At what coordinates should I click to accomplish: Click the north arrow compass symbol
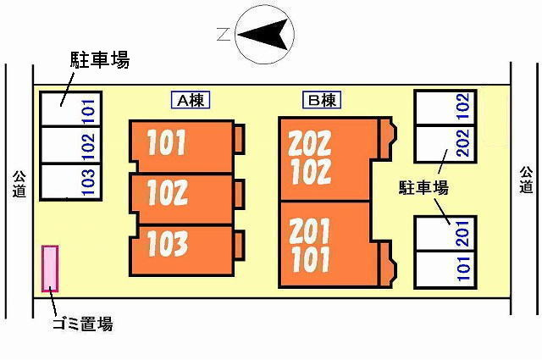pyautogui.click(x=264, y=34)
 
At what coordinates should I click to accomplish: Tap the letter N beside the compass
pyautogui.click(x=224, y=34)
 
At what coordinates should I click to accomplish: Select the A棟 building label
pyautogui.click(x=191, y=100)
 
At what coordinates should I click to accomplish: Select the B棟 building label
pyautogui.click(x=322, y=100)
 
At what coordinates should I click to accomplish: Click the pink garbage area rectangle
pyautogui.click(x=50, y=269)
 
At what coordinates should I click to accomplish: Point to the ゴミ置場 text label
pyautogui.click(x=83, y=324)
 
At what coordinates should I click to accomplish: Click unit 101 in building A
pyautogui.click(x=182, y=146)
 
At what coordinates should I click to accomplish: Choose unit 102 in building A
pyautogui.click(x=182, y=199)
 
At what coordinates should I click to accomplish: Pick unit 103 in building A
pyautogui.click(x=182, y=251)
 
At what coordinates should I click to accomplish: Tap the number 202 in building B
pyautogui.click(x=310, y=143)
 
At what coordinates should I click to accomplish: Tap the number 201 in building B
pyautogui.click(x=309, y=231)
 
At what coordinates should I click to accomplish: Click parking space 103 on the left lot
pyautogui.click(x=70, y=182)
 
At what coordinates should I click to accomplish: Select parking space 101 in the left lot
pyautogui.click(x=70, y=108)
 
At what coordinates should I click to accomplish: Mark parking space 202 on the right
pyautogui.click(x=445, y=143)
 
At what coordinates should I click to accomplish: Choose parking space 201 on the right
pyautogui.click(x=445, y=234)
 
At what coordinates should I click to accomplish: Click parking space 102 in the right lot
pyautogui.click(x=445, y=108)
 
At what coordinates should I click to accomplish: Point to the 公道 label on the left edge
pyautogui.click(x=19, y=184)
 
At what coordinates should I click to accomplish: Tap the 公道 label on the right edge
pyautogui.click(x=526, y=180)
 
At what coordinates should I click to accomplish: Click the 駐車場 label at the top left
pyautogui.click(x=100, y=60)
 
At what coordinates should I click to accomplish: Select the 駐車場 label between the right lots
pyautogui.click(x=423, y=188)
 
